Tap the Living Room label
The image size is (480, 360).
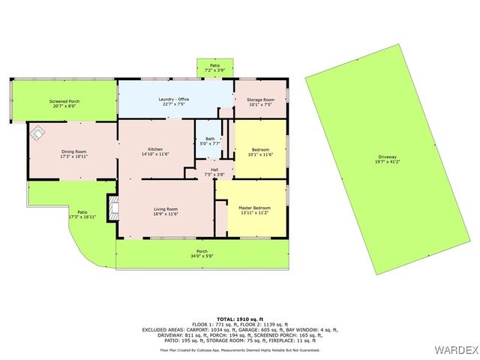[x=166, y=208]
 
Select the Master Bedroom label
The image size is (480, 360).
[x=254, y=208]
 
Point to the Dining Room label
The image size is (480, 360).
[x=74, y=152]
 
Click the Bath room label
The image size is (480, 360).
[x=209, y=139]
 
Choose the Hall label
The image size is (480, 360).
[x=214, y=169]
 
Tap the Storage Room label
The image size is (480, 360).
[x=260, y=100]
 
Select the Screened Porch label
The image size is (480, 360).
[x=65, y=101]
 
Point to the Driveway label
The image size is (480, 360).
[x=388, y=156]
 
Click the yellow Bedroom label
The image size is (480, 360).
[x=260, y=150]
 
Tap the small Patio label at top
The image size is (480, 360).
[x=214, y=66]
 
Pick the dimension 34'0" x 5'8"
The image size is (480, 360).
[x=202, y=256]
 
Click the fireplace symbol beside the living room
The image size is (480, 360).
[x=113, y=208]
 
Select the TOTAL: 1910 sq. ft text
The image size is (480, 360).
[x=240, y=319]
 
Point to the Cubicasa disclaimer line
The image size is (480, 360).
[x=240, y=350]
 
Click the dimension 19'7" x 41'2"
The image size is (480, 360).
[x=388, y=161]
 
